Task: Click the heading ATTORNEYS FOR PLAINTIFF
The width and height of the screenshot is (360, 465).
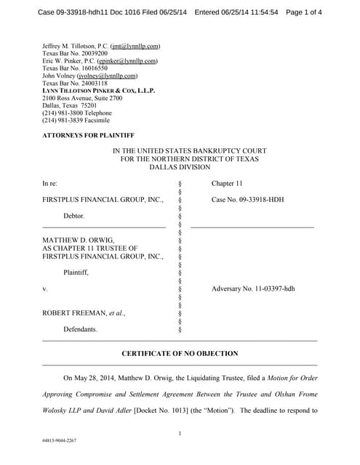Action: pyautogui.click(x=88, y=135)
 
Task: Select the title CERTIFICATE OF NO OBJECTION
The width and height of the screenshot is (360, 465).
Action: pyautogui.click(x=180, y=353)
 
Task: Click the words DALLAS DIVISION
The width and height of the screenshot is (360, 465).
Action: pyautogui.click(x=179, y=166)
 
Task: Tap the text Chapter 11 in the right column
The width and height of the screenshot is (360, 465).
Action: pyautogui.click(x=227, y=185)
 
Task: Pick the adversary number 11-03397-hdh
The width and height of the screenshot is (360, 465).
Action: pyautogui.click(x=253, y=288)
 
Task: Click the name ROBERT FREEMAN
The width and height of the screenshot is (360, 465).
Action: pyautogui.click(x=76, y=313)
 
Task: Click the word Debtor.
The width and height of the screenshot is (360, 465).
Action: pyautogui.click(x=74, y=216)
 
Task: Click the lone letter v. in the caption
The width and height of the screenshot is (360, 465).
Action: pyautogui.click(x=45, y=288)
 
